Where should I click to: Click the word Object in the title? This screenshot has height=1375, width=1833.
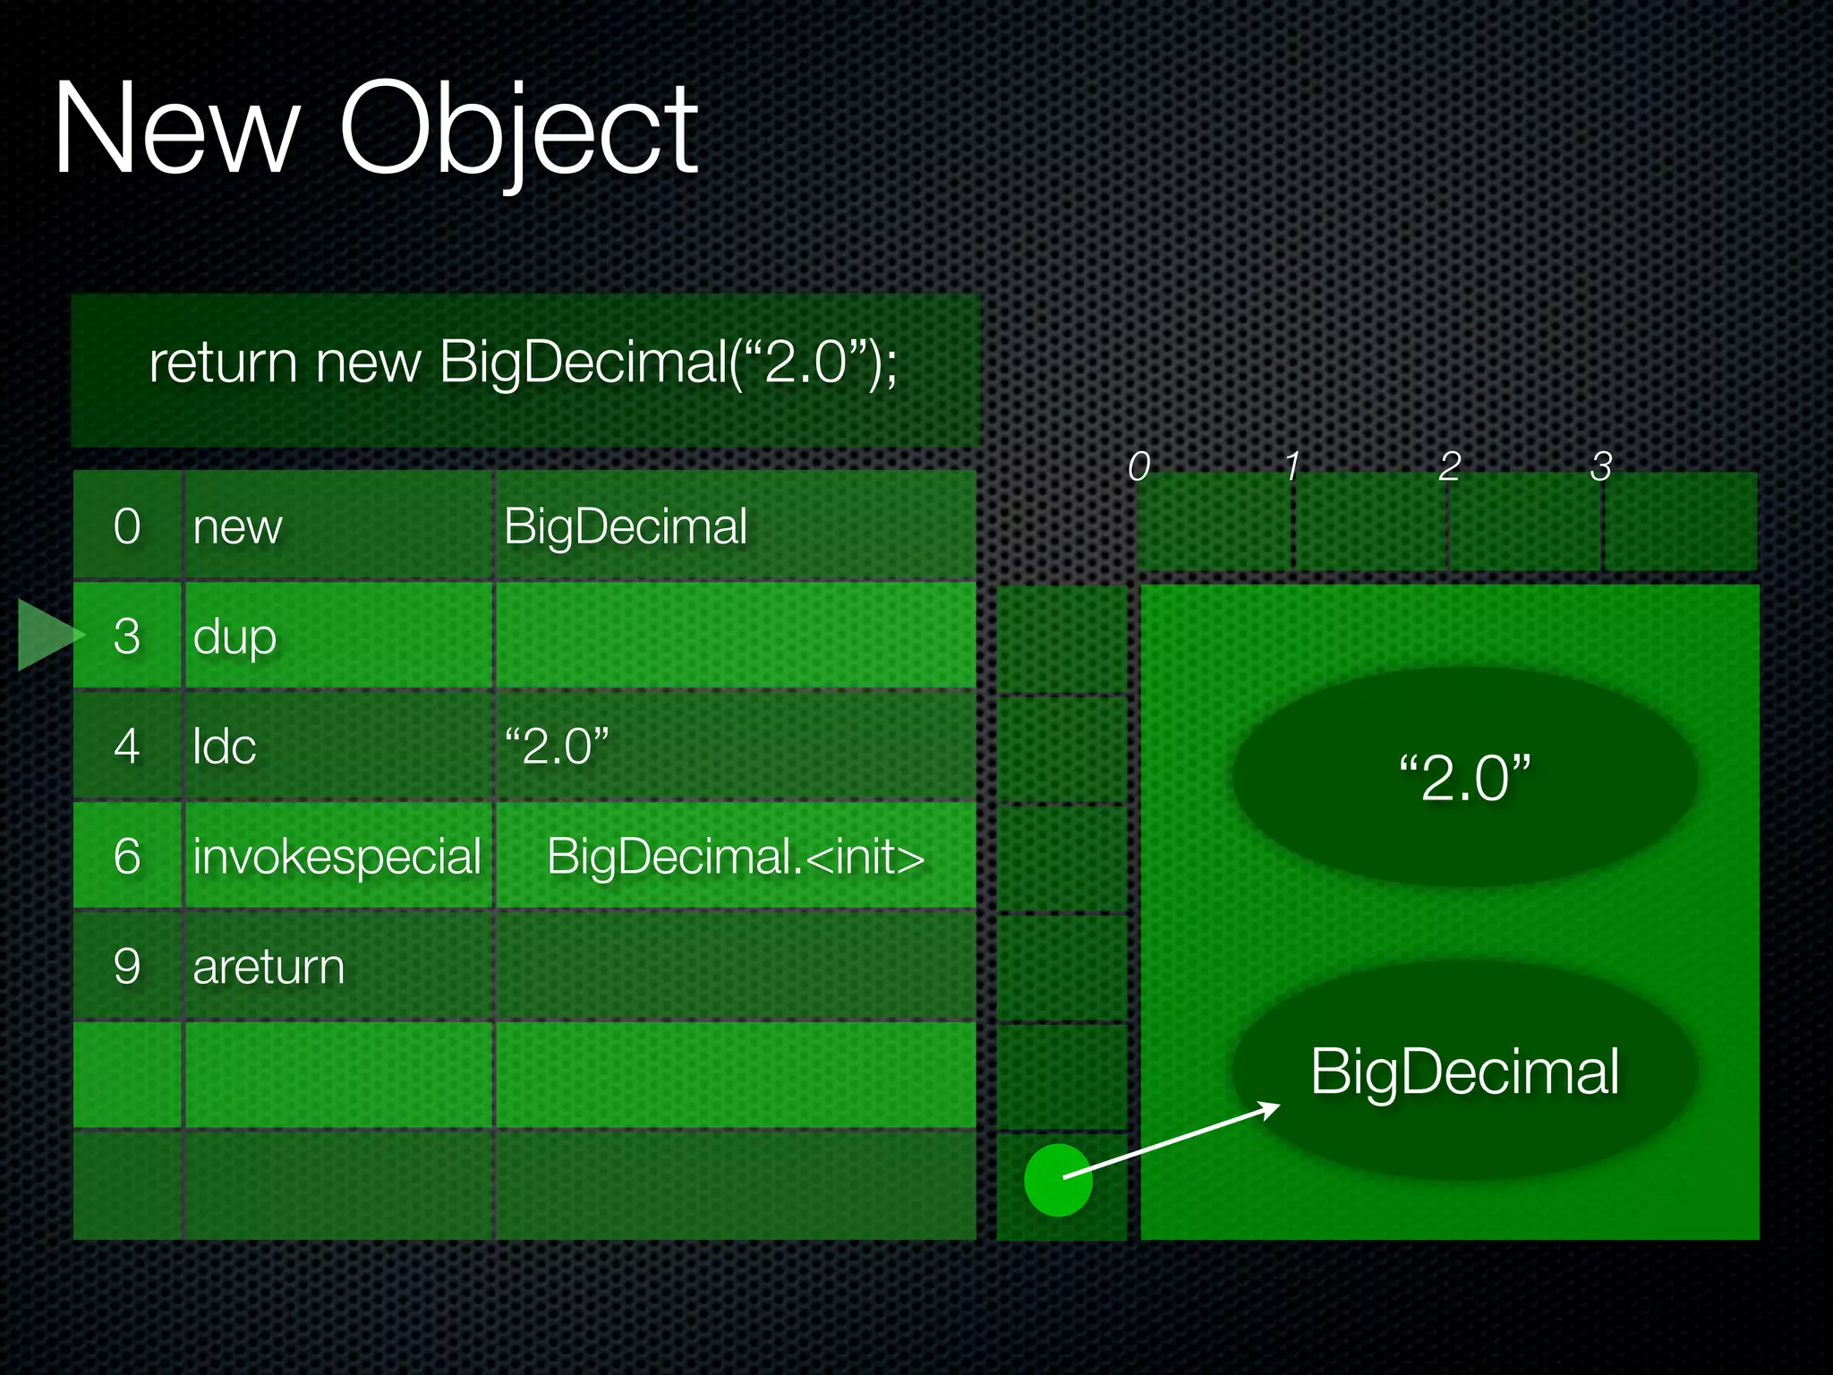tap(519, 130)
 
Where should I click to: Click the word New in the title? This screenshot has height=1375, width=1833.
tap(175, 130)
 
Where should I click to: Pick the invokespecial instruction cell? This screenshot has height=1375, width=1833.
tap(337, 857)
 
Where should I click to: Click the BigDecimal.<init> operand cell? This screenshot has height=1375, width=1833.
tap(735, 857)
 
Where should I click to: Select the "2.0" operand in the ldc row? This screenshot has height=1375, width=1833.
tap(556, 747)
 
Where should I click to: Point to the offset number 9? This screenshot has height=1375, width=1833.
tap(127, 967)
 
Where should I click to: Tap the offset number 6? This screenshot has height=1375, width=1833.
tap(127, 857)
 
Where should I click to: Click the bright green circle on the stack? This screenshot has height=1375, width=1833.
tap(1057, 1180)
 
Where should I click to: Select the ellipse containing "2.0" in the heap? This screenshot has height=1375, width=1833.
tap(1464, 777)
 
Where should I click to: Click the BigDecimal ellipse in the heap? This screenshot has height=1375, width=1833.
tap(1464, 1071)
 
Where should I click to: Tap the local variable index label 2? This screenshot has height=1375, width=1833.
tap(1450, 466)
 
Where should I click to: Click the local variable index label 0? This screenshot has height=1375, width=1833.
tap(1138, 466)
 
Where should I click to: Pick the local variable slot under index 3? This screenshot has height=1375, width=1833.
tap(1680, 522)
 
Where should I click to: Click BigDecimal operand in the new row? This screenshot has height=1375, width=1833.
tap(625, 526)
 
